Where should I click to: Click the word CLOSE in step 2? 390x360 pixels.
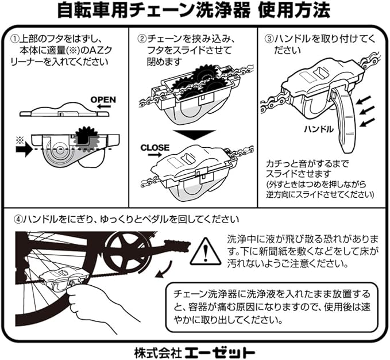(x=155, y=148)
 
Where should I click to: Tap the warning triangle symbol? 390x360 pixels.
(x=206, y=251)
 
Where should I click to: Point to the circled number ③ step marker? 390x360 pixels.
(x=268, y=39)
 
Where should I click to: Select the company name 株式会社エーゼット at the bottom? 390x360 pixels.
(x=195, y=350)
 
